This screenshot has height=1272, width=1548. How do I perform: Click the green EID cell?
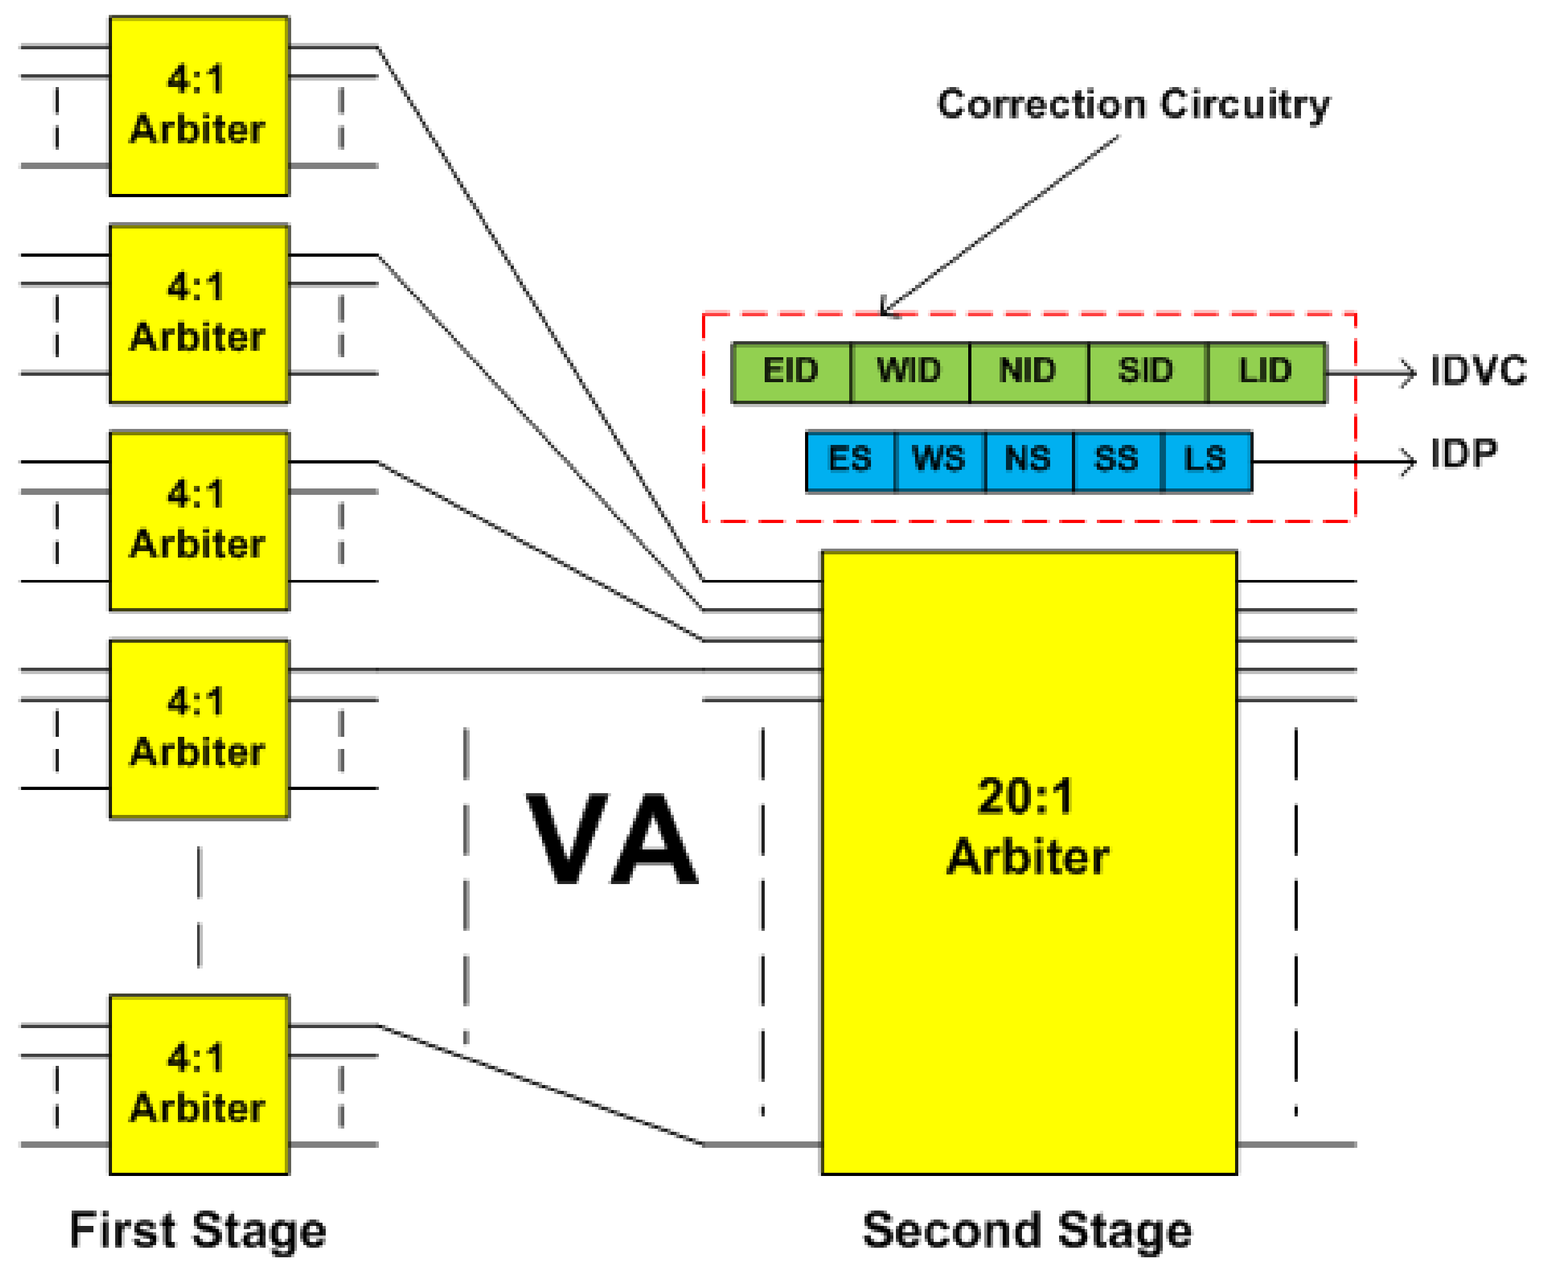791,372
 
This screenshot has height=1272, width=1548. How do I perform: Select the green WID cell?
910,372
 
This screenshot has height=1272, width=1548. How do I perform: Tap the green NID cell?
1029,372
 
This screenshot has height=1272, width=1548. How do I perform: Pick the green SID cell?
1147,372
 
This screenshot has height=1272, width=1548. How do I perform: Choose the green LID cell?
1266,372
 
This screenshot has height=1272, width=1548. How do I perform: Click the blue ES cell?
850,461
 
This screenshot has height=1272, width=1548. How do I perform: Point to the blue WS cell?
939,461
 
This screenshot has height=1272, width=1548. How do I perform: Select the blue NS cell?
1029,461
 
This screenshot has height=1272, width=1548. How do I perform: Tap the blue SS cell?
1117,461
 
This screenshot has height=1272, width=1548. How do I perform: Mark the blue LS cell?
1206,461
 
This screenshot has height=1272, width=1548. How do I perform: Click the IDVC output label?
1478,371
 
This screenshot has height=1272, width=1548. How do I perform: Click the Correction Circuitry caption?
1133,104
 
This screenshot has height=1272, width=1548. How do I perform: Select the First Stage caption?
198,1231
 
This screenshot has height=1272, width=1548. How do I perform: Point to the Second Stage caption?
1027,1231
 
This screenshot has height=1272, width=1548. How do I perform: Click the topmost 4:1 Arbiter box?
199,106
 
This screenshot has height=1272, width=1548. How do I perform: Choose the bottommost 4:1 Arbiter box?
199,1084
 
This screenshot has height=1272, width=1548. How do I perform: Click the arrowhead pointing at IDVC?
1407,373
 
